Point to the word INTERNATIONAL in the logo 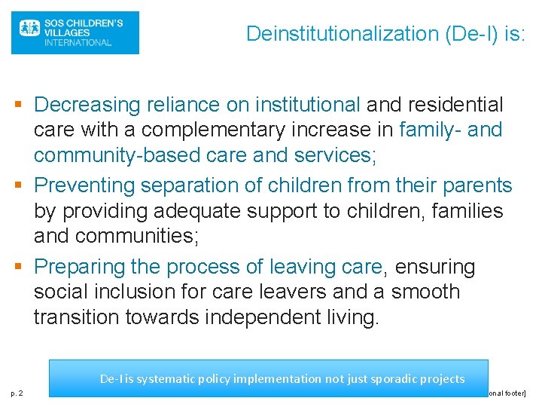[78, 43]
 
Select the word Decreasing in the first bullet [88, 104]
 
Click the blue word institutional [307, 104]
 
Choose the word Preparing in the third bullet [80, 267]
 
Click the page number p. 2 [16, 393]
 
